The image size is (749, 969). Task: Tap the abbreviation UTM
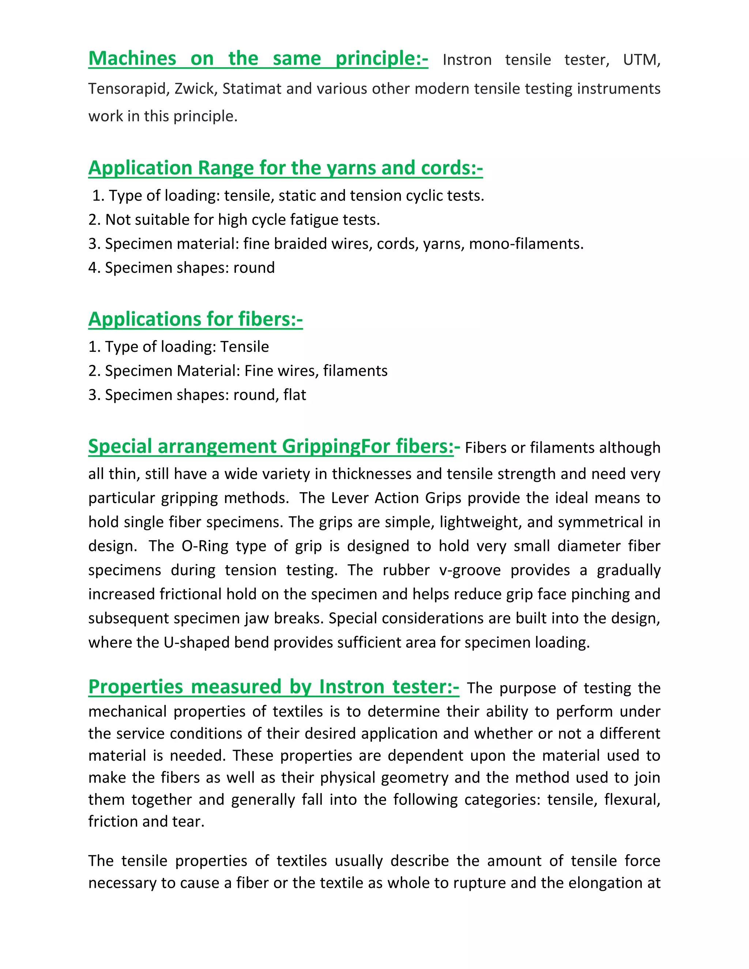(x=641, y=60)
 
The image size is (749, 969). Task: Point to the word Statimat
(x=252, y=89)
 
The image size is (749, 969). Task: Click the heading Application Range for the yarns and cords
(x=285, y=168)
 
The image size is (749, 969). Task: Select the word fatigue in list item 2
(x=316, y=220)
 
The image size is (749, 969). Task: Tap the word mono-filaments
(x=526, y=244)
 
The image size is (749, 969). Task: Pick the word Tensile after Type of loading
(x=245, y=347)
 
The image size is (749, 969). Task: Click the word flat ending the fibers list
(x=295, y=395)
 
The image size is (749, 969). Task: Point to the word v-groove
(x=470, y=570)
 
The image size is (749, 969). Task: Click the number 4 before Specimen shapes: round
(x=92, y=268)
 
